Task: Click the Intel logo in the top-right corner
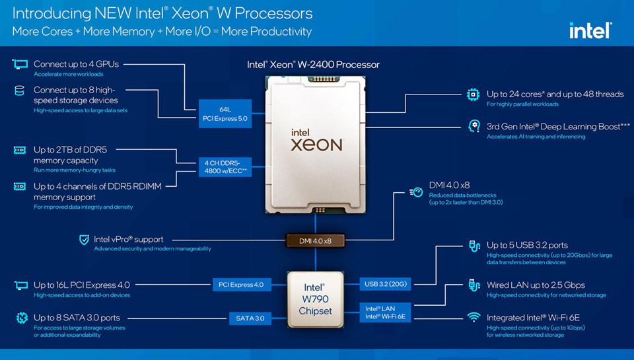tap(590, 30)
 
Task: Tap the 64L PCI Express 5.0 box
tap(225, 114)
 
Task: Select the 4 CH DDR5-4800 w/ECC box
tap(225, 166)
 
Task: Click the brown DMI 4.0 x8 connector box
tap(316, 240)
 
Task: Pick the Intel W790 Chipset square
tap(316, 299)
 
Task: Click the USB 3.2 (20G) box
tap(385, 284)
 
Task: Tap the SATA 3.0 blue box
tap(250, 318)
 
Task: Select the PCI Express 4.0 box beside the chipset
tap(242, 285)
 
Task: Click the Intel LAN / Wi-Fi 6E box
tap(385, 312)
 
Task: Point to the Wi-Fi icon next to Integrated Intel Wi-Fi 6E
tap(474, 317)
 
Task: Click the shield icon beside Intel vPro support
tap(84, 240)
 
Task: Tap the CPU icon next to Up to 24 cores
tap(473, 94)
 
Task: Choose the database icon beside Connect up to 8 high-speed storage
tap(19, 90)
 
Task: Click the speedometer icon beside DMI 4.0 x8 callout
tap(417, 192)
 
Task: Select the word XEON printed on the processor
tap(316, 145)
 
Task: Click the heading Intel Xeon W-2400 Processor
tap(313, 65)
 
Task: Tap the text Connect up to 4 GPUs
tap(76, 64)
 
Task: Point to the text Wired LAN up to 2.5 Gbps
tap(536, 285)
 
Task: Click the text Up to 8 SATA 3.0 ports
tap(77, 318)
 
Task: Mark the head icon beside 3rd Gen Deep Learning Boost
tap(474, 126)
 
